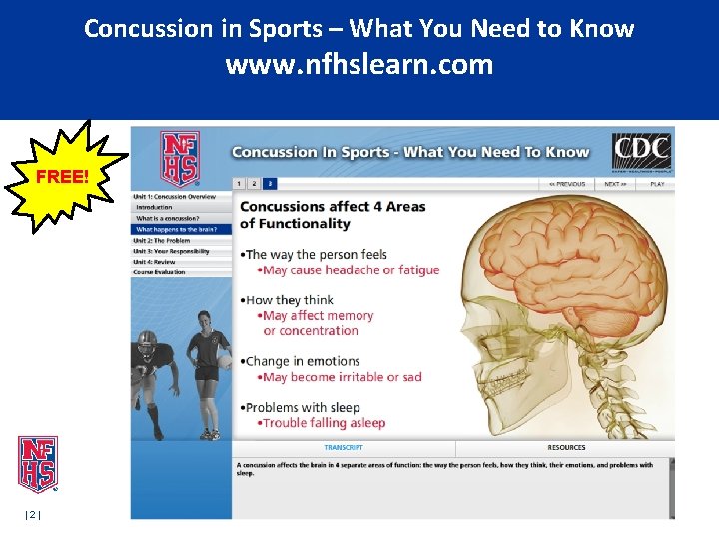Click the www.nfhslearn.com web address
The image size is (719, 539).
[359, 65]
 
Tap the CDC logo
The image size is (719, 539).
[641, 154]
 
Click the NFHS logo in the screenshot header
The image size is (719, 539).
[180, 159]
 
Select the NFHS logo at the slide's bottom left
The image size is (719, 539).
[38, 464]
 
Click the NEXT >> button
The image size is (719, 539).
[615, 184]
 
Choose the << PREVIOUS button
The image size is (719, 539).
[566, 184]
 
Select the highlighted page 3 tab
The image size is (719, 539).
[270, 184]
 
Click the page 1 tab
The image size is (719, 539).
[239, 184]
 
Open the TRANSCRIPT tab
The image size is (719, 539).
[343, 448]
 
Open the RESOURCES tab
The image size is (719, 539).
[566, 448]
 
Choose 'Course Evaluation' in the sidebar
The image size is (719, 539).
[159, 272]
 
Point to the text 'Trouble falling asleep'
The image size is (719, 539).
[324, 423]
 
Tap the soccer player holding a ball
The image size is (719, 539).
[209, 374]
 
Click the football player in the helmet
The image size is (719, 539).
[151, 379]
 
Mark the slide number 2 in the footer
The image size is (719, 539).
[32, 514]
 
